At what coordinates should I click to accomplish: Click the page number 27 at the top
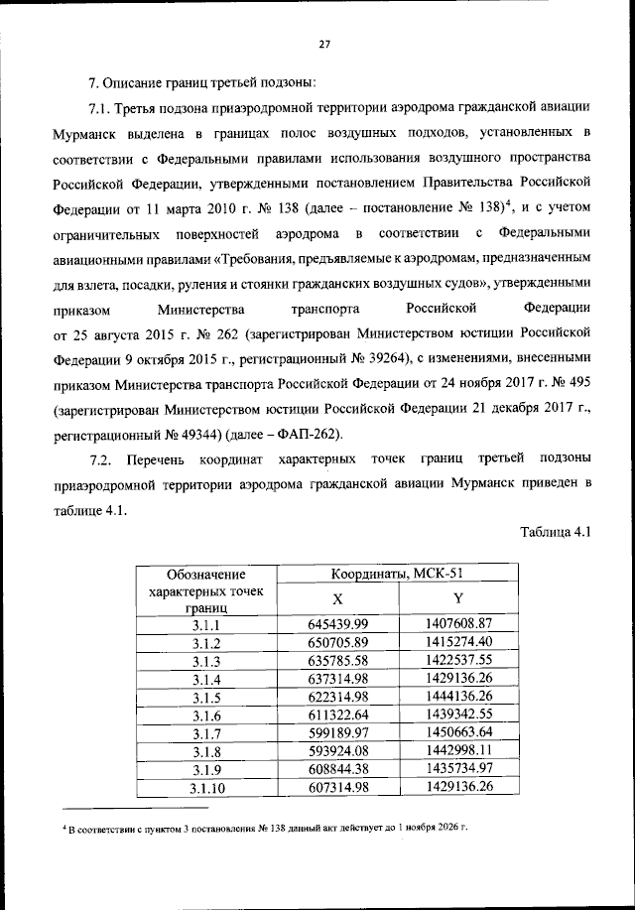pos(323,43)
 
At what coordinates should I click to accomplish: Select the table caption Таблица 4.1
pos(556,531)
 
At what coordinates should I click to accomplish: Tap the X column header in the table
pos(337,598)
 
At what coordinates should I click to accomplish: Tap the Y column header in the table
pos(457,598)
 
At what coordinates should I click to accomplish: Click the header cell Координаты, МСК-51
pos(398,573)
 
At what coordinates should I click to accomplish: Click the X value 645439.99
pos(337,624)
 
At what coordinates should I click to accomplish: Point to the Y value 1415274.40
pos(457,642)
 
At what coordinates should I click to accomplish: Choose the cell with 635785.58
pos(337,660)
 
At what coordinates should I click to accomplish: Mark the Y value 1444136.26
pos(457,697)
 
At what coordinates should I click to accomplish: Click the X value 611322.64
pos(337,715)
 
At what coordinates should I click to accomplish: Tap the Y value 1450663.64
pos(457,732)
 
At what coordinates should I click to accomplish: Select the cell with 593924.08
pos(337,751)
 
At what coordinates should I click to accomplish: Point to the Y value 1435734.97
pos(457,769)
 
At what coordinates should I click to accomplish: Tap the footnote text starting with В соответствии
pos(268,827)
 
